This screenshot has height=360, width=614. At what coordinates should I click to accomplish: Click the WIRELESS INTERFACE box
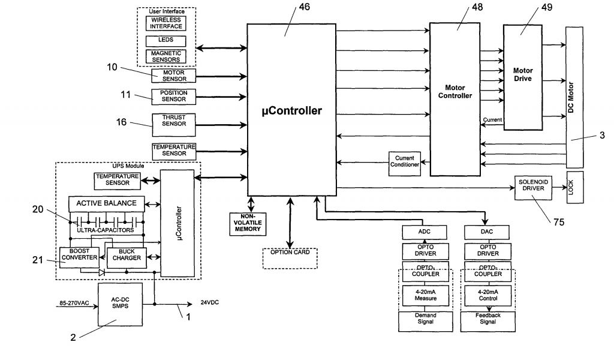(165, 23)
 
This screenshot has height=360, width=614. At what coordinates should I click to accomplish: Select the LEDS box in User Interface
(165, 41)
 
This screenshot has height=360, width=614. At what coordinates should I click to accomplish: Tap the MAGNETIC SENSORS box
(165, 56)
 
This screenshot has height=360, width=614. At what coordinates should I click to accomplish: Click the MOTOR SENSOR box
(173, 76)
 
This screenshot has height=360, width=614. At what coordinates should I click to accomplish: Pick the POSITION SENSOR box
(173, 97)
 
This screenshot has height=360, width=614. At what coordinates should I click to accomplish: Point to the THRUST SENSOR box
(173, 125)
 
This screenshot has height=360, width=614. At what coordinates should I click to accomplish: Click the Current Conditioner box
(405, 163)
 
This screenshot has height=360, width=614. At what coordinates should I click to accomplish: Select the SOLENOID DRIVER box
(533, 188)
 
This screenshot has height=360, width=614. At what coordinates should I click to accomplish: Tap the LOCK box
(575, 187)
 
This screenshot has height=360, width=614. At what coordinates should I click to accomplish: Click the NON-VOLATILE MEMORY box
(248, 224)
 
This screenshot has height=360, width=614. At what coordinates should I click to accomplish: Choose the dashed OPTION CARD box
(290, 258)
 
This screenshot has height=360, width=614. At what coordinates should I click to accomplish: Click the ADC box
(424, 232)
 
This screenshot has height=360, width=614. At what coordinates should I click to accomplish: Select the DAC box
(487, 232)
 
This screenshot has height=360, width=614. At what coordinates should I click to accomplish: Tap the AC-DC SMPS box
(120, 304)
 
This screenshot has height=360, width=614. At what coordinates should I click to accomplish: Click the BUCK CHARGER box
(127, 258)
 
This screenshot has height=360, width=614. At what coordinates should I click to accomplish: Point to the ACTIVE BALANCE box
(107, 203)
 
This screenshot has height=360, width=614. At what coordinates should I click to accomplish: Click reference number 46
(304, 7)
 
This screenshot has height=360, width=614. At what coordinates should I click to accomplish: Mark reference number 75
(559, 222)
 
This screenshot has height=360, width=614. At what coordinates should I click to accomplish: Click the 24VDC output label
(209, 302)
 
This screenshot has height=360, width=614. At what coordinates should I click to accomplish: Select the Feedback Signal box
(488, 322)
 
